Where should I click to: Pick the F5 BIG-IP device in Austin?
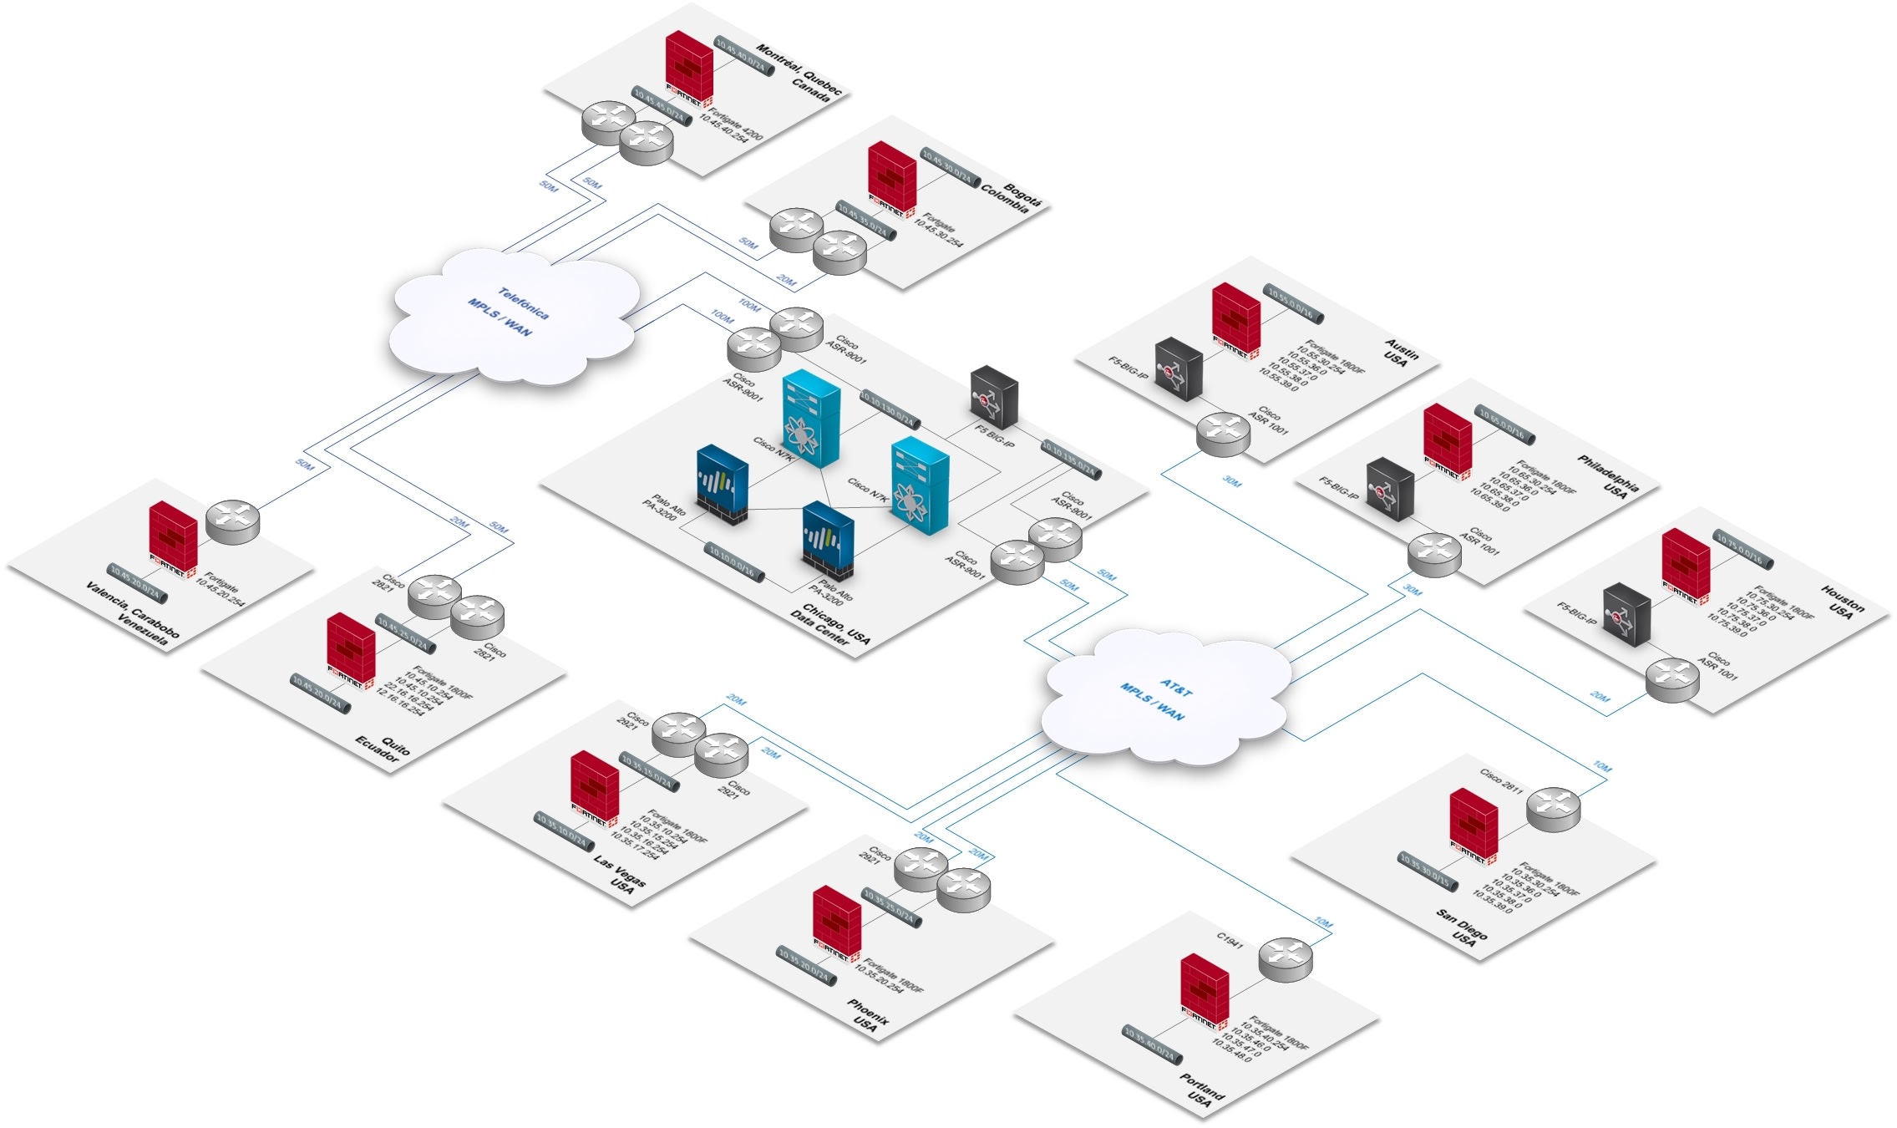pos(1178,368)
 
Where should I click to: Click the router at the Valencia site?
pos(233,522)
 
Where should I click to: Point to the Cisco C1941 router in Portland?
pos(1286,959)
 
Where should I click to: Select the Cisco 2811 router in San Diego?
pos(1553,809)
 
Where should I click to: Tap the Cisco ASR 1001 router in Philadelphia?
pos(1434,555)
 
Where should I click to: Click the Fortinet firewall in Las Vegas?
pos(595,787)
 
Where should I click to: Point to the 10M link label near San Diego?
pos(1601,766)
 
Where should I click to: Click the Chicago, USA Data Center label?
pos(832,623)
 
